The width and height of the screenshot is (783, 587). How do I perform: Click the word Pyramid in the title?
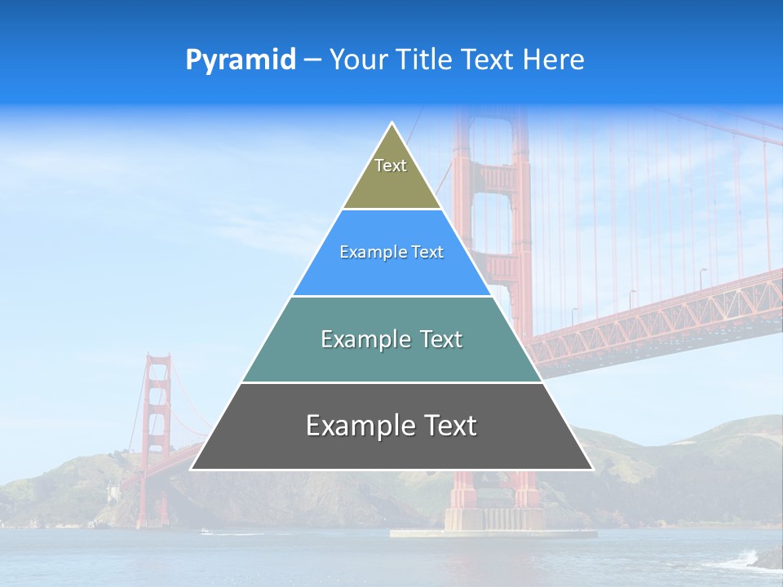point(241,60)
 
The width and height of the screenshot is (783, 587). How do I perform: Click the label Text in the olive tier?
point(391,166)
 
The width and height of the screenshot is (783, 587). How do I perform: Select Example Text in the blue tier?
point(391,253)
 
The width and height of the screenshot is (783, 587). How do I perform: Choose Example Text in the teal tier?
point(391,339)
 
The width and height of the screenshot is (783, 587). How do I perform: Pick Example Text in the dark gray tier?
point(391,426)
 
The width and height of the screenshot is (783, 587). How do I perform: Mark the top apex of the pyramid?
point(392,123)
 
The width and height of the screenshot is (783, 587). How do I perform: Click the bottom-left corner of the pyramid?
point(192,469)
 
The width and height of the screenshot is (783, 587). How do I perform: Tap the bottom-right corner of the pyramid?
point(592,469)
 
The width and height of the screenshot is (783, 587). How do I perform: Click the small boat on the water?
point(206,532)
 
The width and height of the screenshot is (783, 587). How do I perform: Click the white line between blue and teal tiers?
point(391,296)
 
